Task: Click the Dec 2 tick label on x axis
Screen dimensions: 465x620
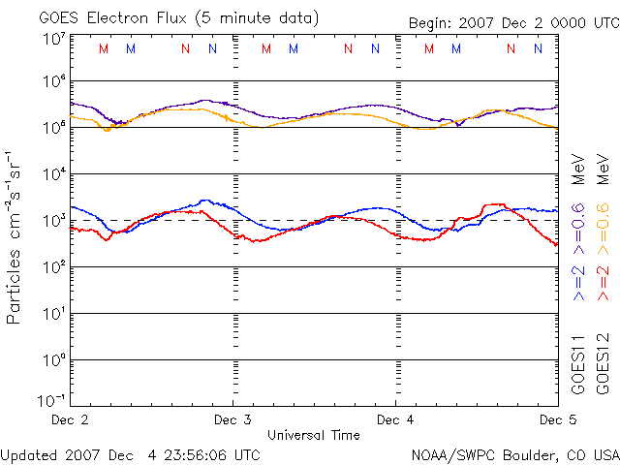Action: point(69,420)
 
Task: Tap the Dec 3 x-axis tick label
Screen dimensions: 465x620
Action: point(232,420)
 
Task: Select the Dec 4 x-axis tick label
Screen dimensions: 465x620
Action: point(395,420)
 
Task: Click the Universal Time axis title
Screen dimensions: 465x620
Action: point(314,435)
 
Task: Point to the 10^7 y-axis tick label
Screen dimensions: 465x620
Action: point(53,40)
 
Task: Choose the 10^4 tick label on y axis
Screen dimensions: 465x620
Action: point(53,174)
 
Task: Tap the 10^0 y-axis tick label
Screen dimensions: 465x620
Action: point(53,360)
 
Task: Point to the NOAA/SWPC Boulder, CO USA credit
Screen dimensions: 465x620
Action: point(514,454)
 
